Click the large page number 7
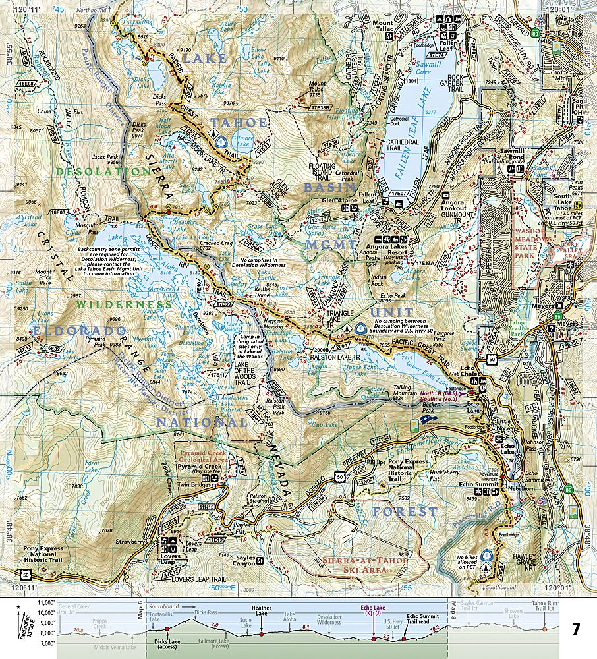point(576,629)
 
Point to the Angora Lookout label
point(454,204)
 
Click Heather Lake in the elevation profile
point(262,610)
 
